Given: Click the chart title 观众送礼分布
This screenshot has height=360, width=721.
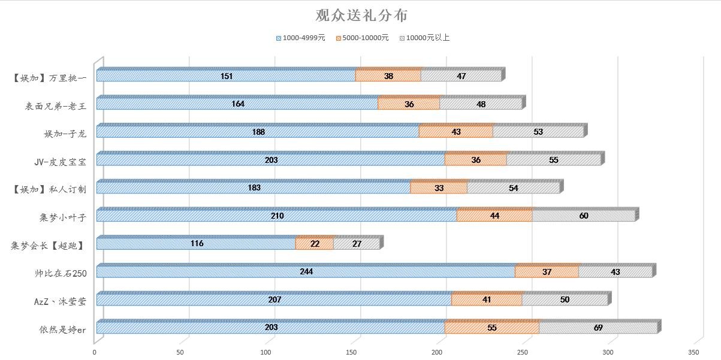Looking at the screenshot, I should click(x=361, y=16).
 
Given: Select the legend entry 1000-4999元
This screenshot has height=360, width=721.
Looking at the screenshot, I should click(x=301, y=38).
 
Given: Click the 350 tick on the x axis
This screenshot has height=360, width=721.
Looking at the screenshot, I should click(x=695, y=352).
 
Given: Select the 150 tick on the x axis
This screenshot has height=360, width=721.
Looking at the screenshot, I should click(x=352, y=352).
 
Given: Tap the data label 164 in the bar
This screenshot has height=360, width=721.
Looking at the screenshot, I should click(x=238, y=104).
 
